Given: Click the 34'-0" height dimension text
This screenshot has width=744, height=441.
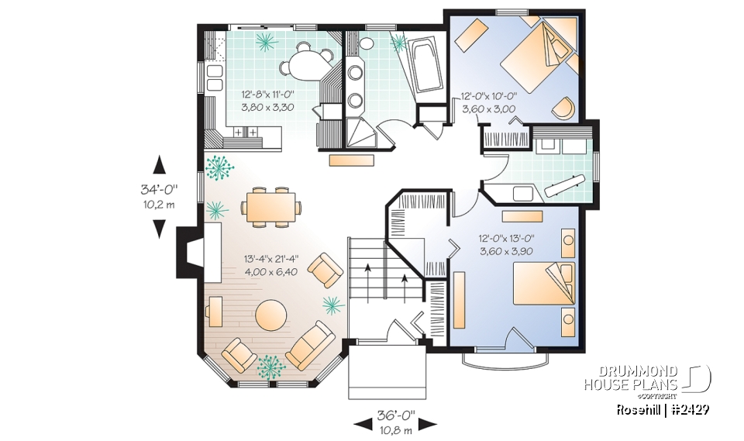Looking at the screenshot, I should point(159,188).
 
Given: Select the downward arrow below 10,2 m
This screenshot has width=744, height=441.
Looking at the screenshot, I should point(159,228).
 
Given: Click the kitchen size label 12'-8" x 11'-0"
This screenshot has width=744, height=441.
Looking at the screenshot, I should point(268,95).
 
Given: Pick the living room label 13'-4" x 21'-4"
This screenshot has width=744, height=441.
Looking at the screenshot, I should point(271,258).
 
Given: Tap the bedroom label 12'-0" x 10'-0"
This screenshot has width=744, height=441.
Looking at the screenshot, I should point(488,98).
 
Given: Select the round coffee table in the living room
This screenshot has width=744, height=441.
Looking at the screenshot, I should point(272,316).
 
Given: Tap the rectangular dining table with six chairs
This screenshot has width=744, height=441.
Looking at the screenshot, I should point(270,208).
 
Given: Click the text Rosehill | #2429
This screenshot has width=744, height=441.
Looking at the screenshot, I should point(663,409).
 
